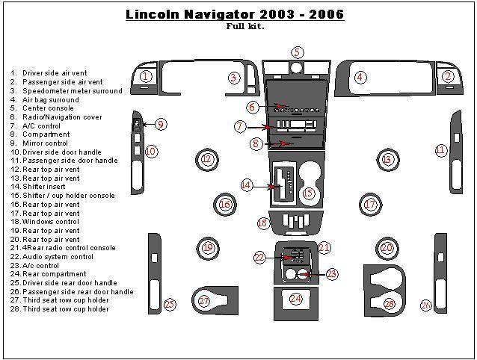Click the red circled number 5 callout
[x=298, y=52]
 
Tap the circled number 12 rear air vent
[x=207, y=159]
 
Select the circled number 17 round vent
[x=369, y=203]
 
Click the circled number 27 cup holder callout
[x=204, y=300]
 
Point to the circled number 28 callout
[x=389, y=303]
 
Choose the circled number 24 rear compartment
[x=296, y=299]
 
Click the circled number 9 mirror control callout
[x=161, y=124]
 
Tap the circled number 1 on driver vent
[x=146, y=76]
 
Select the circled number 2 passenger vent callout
[x=448, y=76]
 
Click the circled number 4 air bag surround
[x=360, y=77]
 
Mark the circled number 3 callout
[x=233, y=77]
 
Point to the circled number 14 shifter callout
[x=246, y=184]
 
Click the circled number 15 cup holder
[x=308, y=193]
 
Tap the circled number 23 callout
[x=332, y=274]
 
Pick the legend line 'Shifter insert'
[x=46, y=187]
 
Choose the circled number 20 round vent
[x=387, y=248]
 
